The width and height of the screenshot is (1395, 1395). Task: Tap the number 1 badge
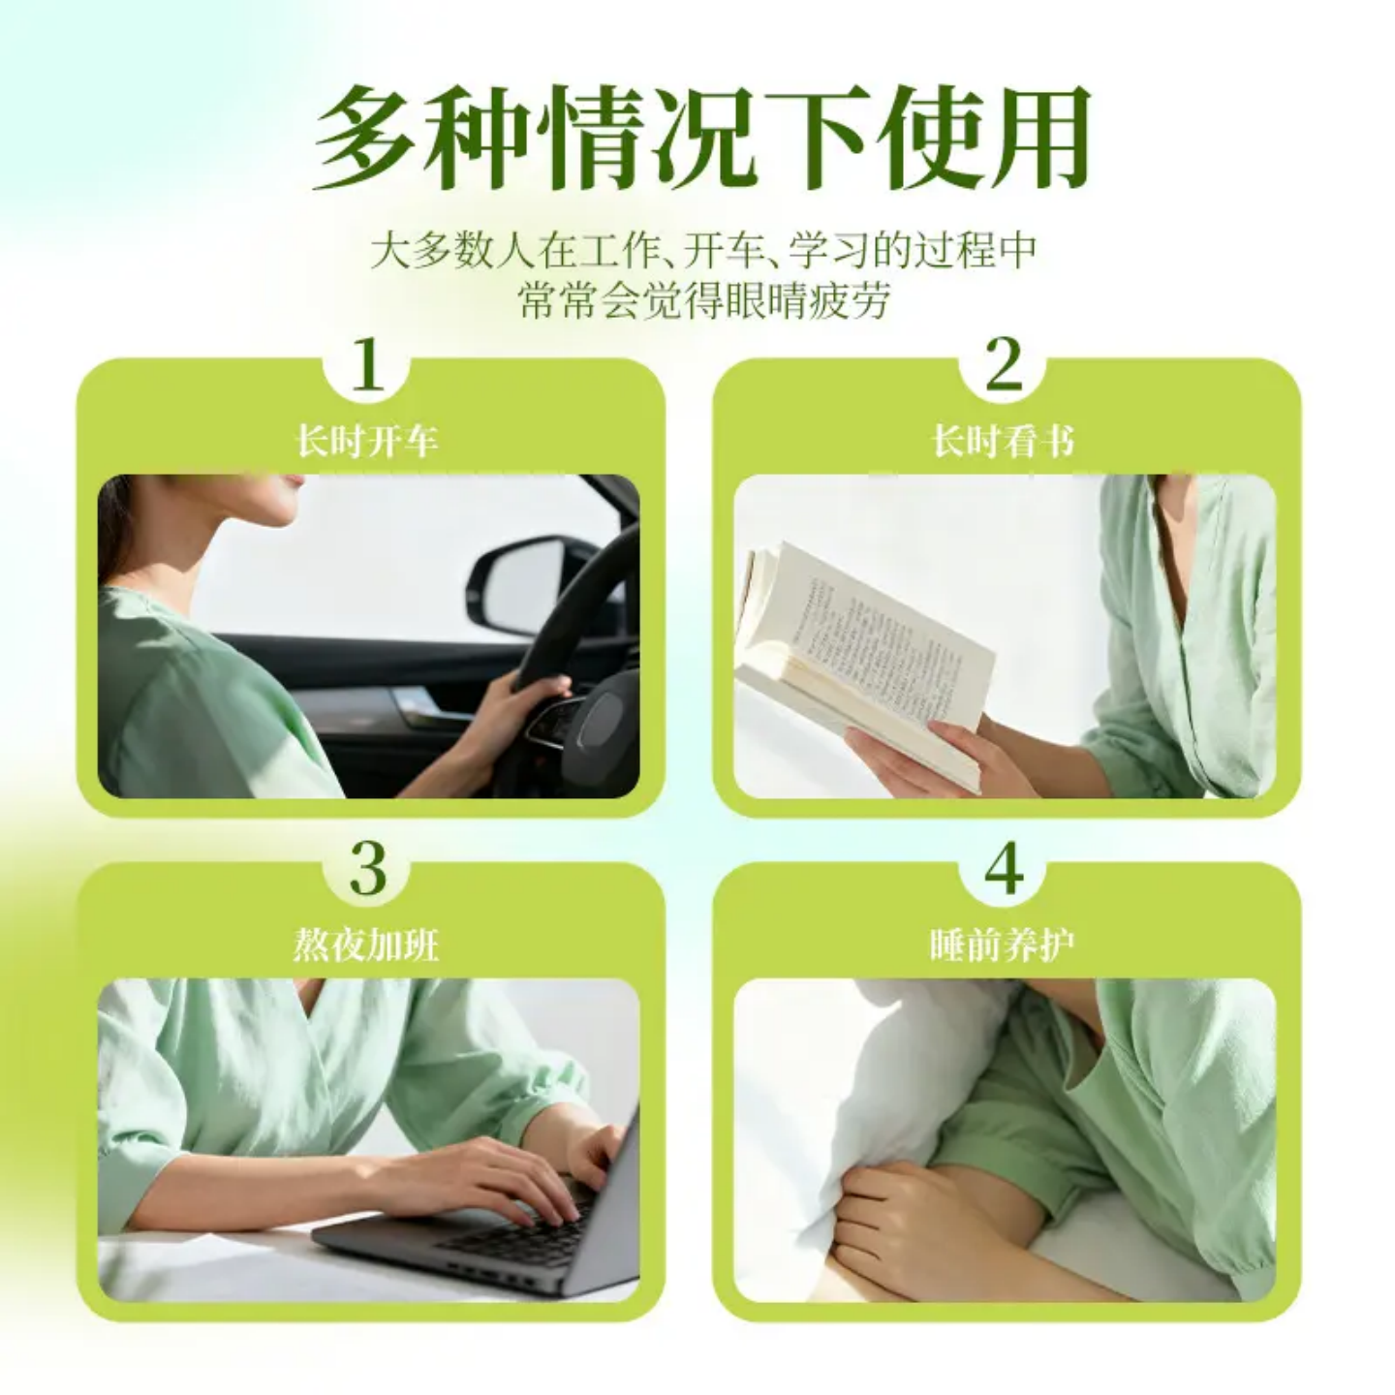[367, 365]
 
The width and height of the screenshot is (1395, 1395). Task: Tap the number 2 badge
[1004, 365]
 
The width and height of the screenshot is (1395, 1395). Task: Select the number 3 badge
[367, 869]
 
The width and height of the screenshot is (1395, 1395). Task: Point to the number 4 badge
[1004, 869]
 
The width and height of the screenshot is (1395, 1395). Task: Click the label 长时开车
[367, 442]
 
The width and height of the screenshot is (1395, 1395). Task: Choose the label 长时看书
[1004, 442]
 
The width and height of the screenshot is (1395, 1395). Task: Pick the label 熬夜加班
[367, 945]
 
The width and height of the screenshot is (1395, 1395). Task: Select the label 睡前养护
[1004, 945]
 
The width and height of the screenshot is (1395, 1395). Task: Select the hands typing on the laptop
[504, 1172]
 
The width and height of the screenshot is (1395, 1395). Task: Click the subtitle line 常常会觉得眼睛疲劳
[701, 300]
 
